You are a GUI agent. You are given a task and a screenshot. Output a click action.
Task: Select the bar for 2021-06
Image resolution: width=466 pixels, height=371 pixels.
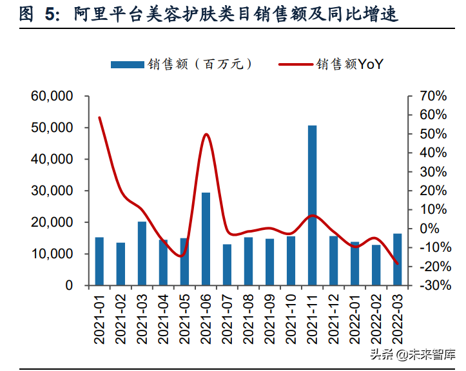(206, 239)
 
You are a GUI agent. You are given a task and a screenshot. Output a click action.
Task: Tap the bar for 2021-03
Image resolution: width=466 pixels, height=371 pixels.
(142, 253)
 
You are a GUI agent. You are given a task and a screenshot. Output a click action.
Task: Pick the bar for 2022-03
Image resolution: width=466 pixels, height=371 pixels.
(397, 259)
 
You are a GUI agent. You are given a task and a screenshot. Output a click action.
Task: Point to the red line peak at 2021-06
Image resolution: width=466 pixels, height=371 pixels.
(206, 134)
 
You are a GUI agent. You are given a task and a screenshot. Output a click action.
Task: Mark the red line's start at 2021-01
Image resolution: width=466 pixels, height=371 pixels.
(99, 117)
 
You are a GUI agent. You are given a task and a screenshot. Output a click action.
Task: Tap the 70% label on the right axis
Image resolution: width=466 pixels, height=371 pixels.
(431, 97)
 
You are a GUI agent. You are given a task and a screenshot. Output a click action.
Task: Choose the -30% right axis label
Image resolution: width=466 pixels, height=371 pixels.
(429, 285)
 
